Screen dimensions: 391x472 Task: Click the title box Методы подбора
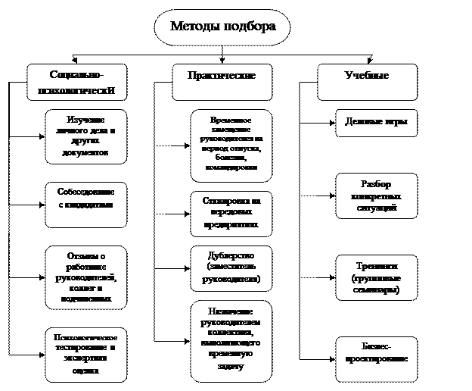click(223, 27)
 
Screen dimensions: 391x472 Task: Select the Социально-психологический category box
click(76, 83)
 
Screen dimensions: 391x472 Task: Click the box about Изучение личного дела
click(85, 137)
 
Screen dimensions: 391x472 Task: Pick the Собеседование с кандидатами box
click(85, 205)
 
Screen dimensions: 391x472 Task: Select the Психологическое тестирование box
click(85, 354)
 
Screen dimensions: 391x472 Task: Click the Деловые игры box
click(377, 123)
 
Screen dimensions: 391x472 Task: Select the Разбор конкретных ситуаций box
click(377, 195)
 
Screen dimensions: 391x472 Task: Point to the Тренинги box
click(377, 277)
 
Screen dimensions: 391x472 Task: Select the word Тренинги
click(377, 267)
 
